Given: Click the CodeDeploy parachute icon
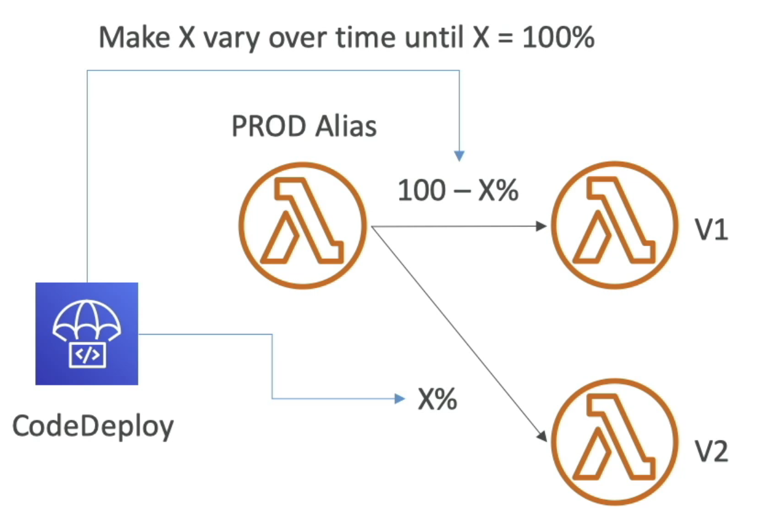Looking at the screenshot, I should coord(87,333).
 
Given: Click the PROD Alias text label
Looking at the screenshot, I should coord(304,126).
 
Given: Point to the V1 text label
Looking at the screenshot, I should coord(711,231).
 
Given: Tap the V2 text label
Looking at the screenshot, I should coord(711,451).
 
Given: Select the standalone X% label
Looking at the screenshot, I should coord(436,400).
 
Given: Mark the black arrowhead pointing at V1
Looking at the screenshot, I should coord(544,226).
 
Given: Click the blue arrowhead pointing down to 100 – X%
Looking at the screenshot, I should coord(460,156).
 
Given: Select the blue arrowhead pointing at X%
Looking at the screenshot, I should coord(399,399).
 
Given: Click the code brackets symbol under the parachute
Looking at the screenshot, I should coord(87,354).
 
